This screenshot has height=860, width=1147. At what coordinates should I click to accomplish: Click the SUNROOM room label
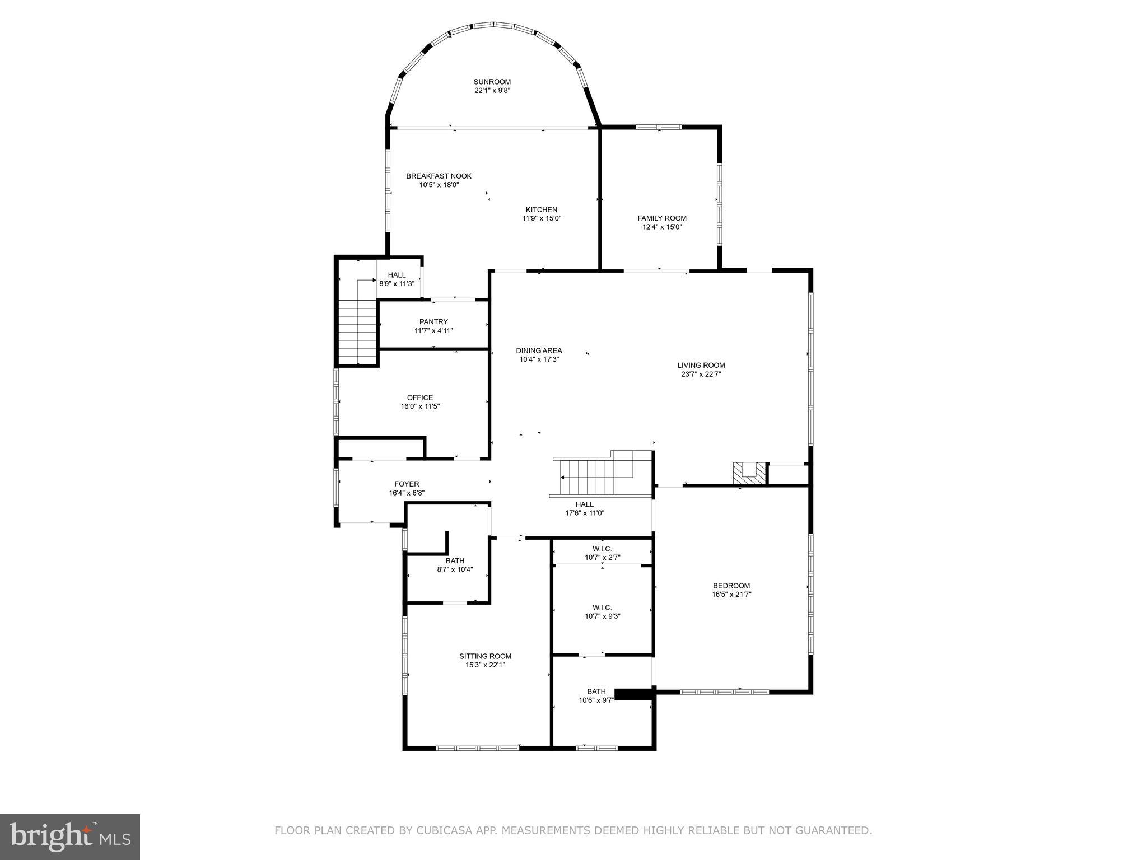point(492,82)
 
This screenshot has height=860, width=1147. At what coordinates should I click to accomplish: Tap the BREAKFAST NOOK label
point(439,176)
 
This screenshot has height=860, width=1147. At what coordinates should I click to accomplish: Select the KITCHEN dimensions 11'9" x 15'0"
point(541,219)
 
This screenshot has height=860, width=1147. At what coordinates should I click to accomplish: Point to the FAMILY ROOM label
point(661,218)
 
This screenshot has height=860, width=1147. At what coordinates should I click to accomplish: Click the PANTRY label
point(433,322)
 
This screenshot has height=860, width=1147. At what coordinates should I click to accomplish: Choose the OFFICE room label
point(419,398)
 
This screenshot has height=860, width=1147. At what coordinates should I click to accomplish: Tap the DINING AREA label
point(539,351)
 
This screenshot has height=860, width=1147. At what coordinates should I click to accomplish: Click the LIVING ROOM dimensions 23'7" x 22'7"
point(701,375)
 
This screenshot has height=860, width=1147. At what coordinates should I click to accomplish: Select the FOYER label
point(407,484)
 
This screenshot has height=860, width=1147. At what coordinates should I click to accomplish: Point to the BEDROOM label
point(731,586)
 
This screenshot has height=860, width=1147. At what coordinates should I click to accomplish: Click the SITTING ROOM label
point(485,656)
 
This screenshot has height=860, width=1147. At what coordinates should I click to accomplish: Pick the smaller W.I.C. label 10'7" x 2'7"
point(602,553)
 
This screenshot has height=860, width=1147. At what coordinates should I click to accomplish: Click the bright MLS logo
point(70,836)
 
